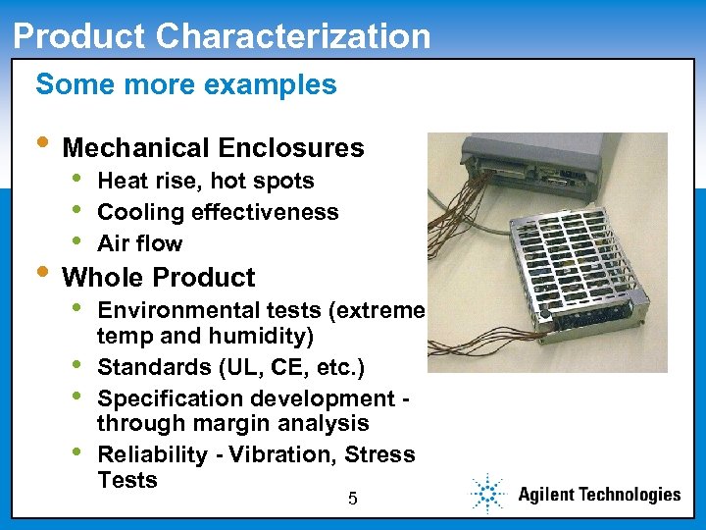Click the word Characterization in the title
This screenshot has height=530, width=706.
point(293,36)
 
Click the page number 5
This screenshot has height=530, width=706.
point(353,500)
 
